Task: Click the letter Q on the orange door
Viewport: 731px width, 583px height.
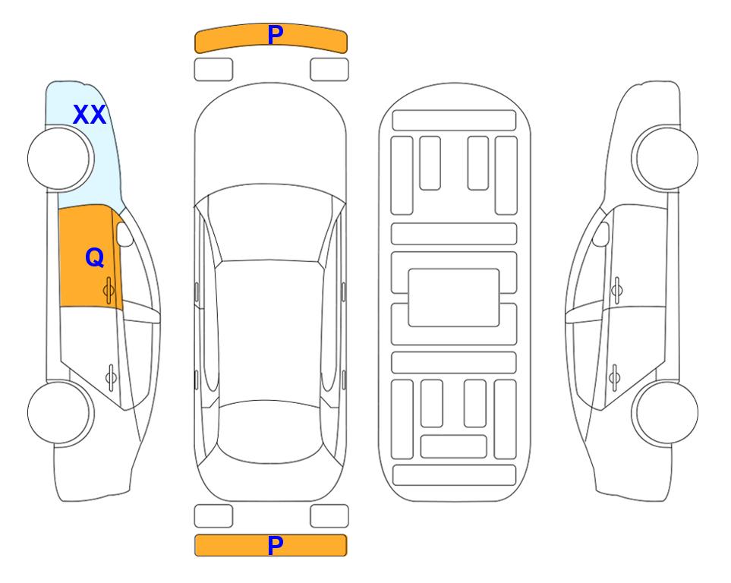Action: click(x=95, y=257)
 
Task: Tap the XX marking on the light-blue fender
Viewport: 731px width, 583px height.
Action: click(x=90, y=115)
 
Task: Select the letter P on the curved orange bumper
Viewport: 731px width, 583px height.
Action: click(x=276, y=34)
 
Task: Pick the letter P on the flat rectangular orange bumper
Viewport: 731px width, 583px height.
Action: click(x=275, y=545)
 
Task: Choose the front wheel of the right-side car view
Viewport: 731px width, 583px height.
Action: click(x=665, y=158)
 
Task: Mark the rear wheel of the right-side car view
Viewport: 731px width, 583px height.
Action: click(x=665, y=413)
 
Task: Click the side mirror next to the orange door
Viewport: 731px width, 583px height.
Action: click(x=124, y=234)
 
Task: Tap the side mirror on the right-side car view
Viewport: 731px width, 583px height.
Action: click(x=600, y=234)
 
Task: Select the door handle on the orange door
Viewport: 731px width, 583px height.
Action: click(x=109, y=290)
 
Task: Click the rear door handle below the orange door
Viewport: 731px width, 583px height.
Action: click(x=112, y=377)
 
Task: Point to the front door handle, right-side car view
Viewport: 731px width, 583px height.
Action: click(x=617, y=290)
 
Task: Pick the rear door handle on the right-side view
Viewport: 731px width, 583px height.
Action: click(x=614, y=377)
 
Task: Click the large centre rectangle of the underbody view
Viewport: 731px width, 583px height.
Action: click(x=454, y=298)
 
